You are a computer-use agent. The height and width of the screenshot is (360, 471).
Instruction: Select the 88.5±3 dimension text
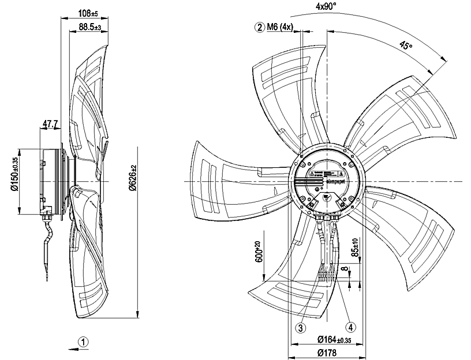pyautogui.click(x=89, y=27)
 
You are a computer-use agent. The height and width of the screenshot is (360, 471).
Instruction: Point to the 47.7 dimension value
pyautogui.click(x=51, y=123)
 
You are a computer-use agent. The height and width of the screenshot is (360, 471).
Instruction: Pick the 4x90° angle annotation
pyautogui.click(x=327, y=6)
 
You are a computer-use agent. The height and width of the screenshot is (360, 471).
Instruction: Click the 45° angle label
pyautogui.click(x=406, y=46)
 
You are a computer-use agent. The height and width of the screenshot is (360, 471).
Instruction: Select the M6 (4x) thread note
pyautogui.click(x=281, y=27)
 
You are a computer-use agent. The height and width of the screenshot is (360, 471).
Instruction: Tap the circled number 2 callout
pyautogui.click(x=260, y=27)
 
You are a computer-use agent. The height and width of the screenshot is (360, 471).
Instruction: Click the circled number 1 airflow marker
pyautogui.click(x=84, y=342)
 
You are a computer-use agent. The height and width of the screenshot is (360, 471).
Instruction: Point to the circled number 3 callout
pyautogui.click(x=300, y=327)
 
